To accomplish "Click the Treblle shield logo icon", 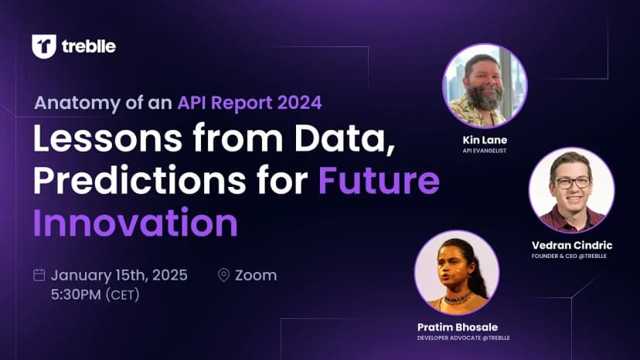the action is [44, 46].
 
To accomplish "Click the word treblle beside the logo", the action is [89, 46].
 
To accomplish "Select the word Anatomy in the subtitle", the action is [77, 103].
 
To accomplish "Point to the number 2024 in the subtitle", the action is [300, 103].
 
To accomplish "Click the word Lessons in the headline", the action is [107, 138].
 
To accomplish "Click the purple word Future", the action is [379, 180].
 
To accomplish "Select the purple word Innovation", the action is [135, 222].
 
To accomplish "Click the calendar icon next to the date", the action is [39, 275].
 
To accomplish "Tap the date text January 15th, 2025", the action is [119, 275].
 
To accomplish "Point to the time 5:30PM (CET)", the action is [95, 294].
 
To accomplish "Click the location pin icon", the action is [223, 275].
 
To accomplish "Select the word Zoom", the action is [256, 275].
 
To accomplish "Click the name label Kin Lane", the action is [485, 140].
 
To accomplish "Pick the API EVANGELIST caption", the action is [485, 151].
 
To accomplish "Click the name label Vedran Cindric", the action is [572, 246].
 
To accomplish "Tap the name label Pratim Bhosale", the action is [458, 327].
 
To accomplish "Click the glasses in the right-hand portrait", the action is [571, 182].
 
